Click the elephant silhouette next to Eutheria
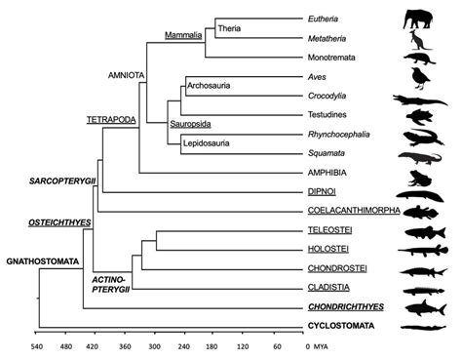420,19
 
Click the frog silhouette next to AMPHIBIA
419,177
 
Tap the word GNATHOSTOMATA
37,261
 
